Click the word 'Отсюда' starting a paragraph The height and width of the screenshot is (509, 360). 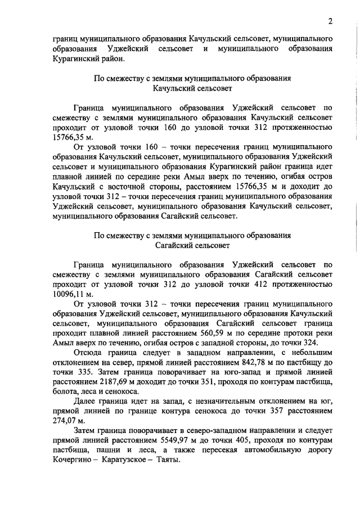point(87,354)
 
